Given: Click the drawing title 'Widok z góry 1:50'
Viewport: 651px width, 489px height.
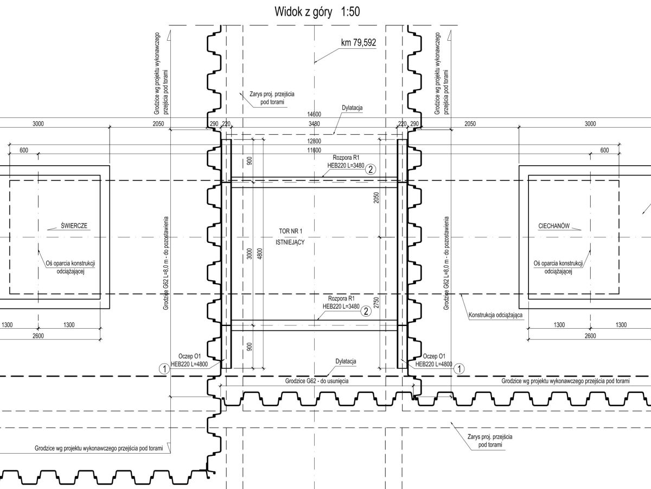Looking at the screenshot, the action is [317, 12].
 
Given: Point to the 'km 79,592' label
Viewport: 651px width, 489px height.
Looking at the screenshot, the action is [359, 42].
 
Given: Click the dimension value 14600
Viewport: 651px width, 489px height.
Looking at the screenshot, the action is [314, 114].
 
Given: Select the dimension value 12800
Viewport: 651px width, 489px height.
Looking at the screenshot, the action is [314, 141].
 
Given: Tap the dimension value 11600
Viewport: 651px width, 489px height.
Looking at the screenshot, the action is [314, 151].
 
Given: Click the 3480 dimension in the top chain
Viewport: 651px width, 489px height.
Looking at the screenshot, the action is [314, 123].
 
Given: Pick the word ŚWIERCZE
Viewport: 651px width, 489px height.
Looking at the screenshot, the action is [74, 225].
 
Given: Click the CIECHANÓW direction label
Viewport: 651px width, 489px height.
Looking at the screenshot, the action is [554, 226].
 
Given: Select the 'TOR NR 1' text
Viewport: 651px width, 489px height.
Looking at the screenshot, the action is [291, 231].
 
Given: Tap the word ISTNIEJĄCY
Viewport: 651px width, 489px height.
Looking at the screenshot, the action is [290, 242].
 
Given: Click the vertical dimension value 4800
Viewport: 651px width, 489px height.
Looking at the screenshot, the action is [260, 254].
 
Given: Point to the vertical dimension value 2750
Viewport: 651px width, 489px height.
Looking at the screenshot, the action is [376, 302].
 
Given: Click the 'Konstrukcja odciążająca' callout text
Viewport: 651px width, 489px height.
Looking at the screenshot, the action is [496, 315].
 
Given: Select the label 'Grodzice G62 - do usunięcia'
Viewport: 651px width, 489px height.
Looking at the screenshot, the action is [317, 381].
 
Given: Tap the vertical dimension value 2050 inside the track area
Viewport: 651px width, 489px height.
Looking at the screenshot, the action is [376, 198].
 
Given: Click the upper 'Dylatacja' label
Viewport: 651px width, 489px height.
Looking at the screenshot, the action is [352, 108].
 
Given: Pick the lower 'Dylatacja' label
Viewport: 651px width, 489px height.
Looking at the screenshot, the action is [346, 361].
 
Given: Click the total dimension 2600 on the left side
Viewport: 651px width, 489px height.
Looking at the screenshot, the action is [38, 336].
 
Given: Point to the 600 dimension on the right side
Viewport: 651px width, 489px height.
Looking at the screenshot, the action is [604, 151].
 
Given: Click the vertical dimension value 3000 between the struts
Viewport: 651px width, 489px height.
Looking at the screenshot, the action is [250, 254].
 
